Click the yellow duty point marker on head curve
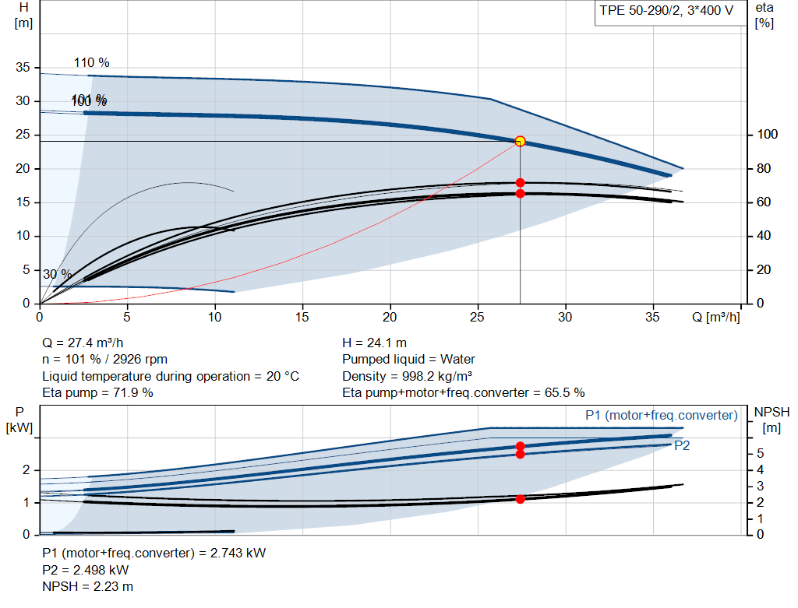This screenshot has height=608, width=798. [x=520, y=141]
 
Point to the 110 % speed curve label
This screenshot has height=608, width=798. [x=91, y=62]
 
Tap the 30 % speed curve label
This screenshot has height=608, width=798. [x=57, y=274]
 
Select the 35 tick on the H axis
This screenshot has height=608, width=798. [x=23, y=68]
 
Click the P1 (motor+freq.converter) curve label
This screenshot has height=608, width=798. [x=661, y=416]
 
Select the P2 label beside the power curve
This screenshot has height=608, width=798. [x=682, y=446]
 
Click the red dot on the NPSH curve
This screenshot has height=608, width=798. [x=520, y=499]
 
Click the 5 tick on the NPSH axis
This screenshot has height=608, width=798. [x=760, y=453]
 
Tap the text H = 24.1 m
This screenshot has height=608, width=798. [x=374, y=343]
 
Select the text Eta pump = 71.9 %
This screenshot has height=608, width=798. [x=97, y=392]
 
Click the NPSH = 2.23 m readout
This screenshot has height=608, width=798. [x=87, y=586]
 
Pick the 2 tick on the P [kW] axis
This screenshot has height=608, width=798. [x=26, y=469]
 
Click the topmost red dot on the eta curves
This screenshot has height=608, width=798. [x=520, y=183]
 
